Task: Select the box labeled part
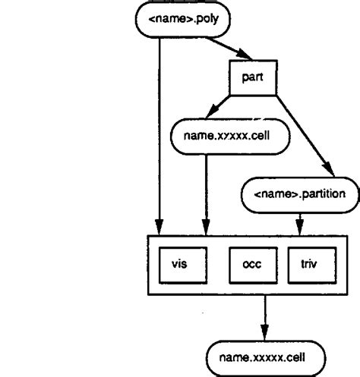(x=252, y=79)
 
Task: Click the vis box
(x=178, y=265)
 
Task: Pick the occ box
(x=251, y=265)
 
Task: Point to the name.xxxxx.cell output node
(x=266, y=354)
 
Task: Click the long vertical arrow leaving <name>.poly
(x=158, y=129)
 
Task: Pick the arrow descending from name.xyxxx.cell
(x=206, y=190)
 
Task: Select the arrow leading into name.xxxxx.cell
(x=266, y=316)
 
